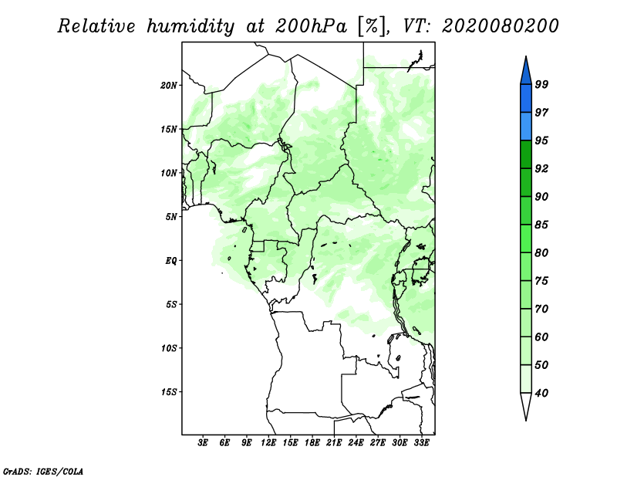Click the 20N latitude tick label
[x=169, y=85]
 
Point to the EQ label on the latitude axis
[x=170, y=261]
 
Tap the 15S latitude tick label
[x=169, y=392]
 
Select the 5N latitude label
[x=171, y=217]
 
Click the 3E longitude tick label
[x=203, y=443]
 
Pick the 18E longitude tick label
[x=312, y=443]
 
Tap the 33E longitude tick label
[x=421, y=443]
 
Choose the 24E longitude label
[x=356, y=443]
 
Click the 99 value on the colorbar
[x=541, y=84]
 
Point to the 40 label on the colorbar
[x=541, y=393]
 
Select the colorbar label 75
[x=541, y=281]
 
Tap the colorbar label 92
[x=541, y=168]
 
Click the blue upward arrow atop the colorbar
[x=526, y=73]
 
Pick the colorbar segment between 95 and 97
[x=526, y=127]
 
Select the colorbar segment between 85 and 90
[x=526, y=211]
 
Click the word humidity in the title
[x=190, y=27]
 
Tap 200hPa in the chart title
[x=312, y=26]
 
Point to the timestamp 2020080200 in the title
[x=500, y=26]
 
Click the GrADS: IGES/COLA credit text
[x=43, y=472]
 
